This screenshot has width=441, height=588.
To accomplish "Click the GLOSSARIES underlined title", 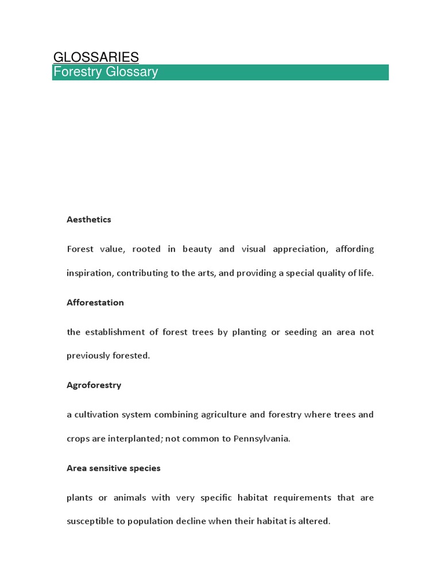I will [x=96, y=57].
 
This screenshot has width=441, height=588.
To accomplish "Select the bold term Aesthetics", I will [x=89, y=219].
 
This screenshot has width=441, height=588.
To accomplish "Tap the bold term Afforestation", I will [x=95, y=303].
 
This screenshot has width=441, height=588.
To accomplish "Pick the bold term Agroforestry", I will [x=94, y=385].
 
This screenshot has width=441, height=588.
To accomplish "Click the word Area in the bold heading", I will [x=76, y=468].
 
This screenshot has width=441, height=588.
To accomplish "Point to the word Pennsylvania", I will [x=261, y=439].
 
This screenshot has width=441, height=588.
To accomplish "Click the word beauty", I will [x=197, y=249].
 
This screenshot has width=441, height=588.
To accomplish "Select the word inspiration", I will [x=90, y=273].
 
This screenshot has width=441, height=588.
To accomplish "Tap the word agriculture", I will [x=225, y=415].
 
